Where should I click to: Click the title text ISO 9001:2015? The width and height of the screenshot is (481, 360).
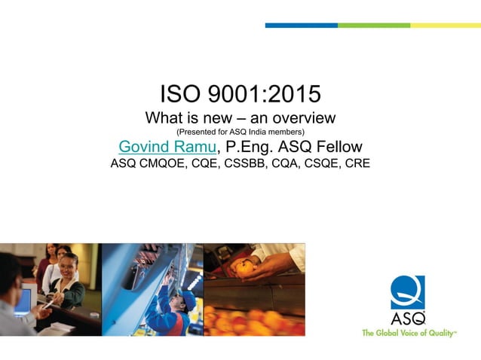240,94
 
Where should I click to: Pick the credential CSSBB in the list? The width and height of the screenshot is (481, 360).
240,163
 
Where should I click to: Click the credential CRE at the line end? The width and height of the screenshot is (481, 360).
356,163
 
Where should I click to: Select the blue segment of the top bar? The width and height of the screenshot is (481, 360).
301,25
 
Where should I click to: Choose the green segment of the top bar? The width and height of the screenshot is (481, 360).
373,25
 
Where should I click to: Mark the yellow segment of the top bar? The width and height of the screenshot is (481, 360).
445,25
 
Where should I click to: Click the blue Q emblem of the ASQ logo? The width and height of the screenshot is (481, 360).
407,291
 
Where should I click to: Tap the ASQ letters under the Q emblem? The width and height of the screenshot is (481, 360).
408,317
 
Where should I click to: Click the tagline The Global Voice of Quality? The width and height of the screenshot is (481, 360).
409,332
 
